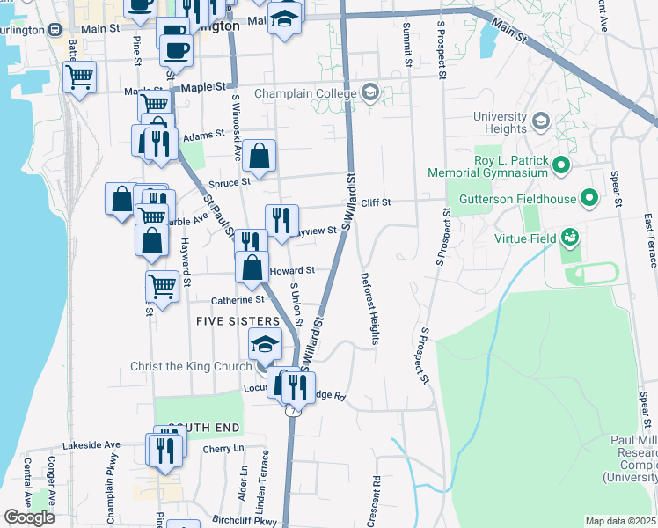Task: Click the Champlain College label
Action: coord(305,93)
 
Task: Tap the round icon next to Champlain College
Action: coord(370,92)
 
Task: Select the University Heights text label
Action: coord(500,123)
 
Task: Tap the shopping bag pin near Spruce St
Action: coord(260,158)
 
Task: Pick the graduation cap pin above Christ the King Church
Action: coord(265,345)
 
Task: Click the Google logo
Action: coord(29,517)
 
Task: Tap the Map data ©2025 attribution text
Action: coord(621,521)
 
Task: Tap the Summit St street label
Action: coord(407,45)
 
